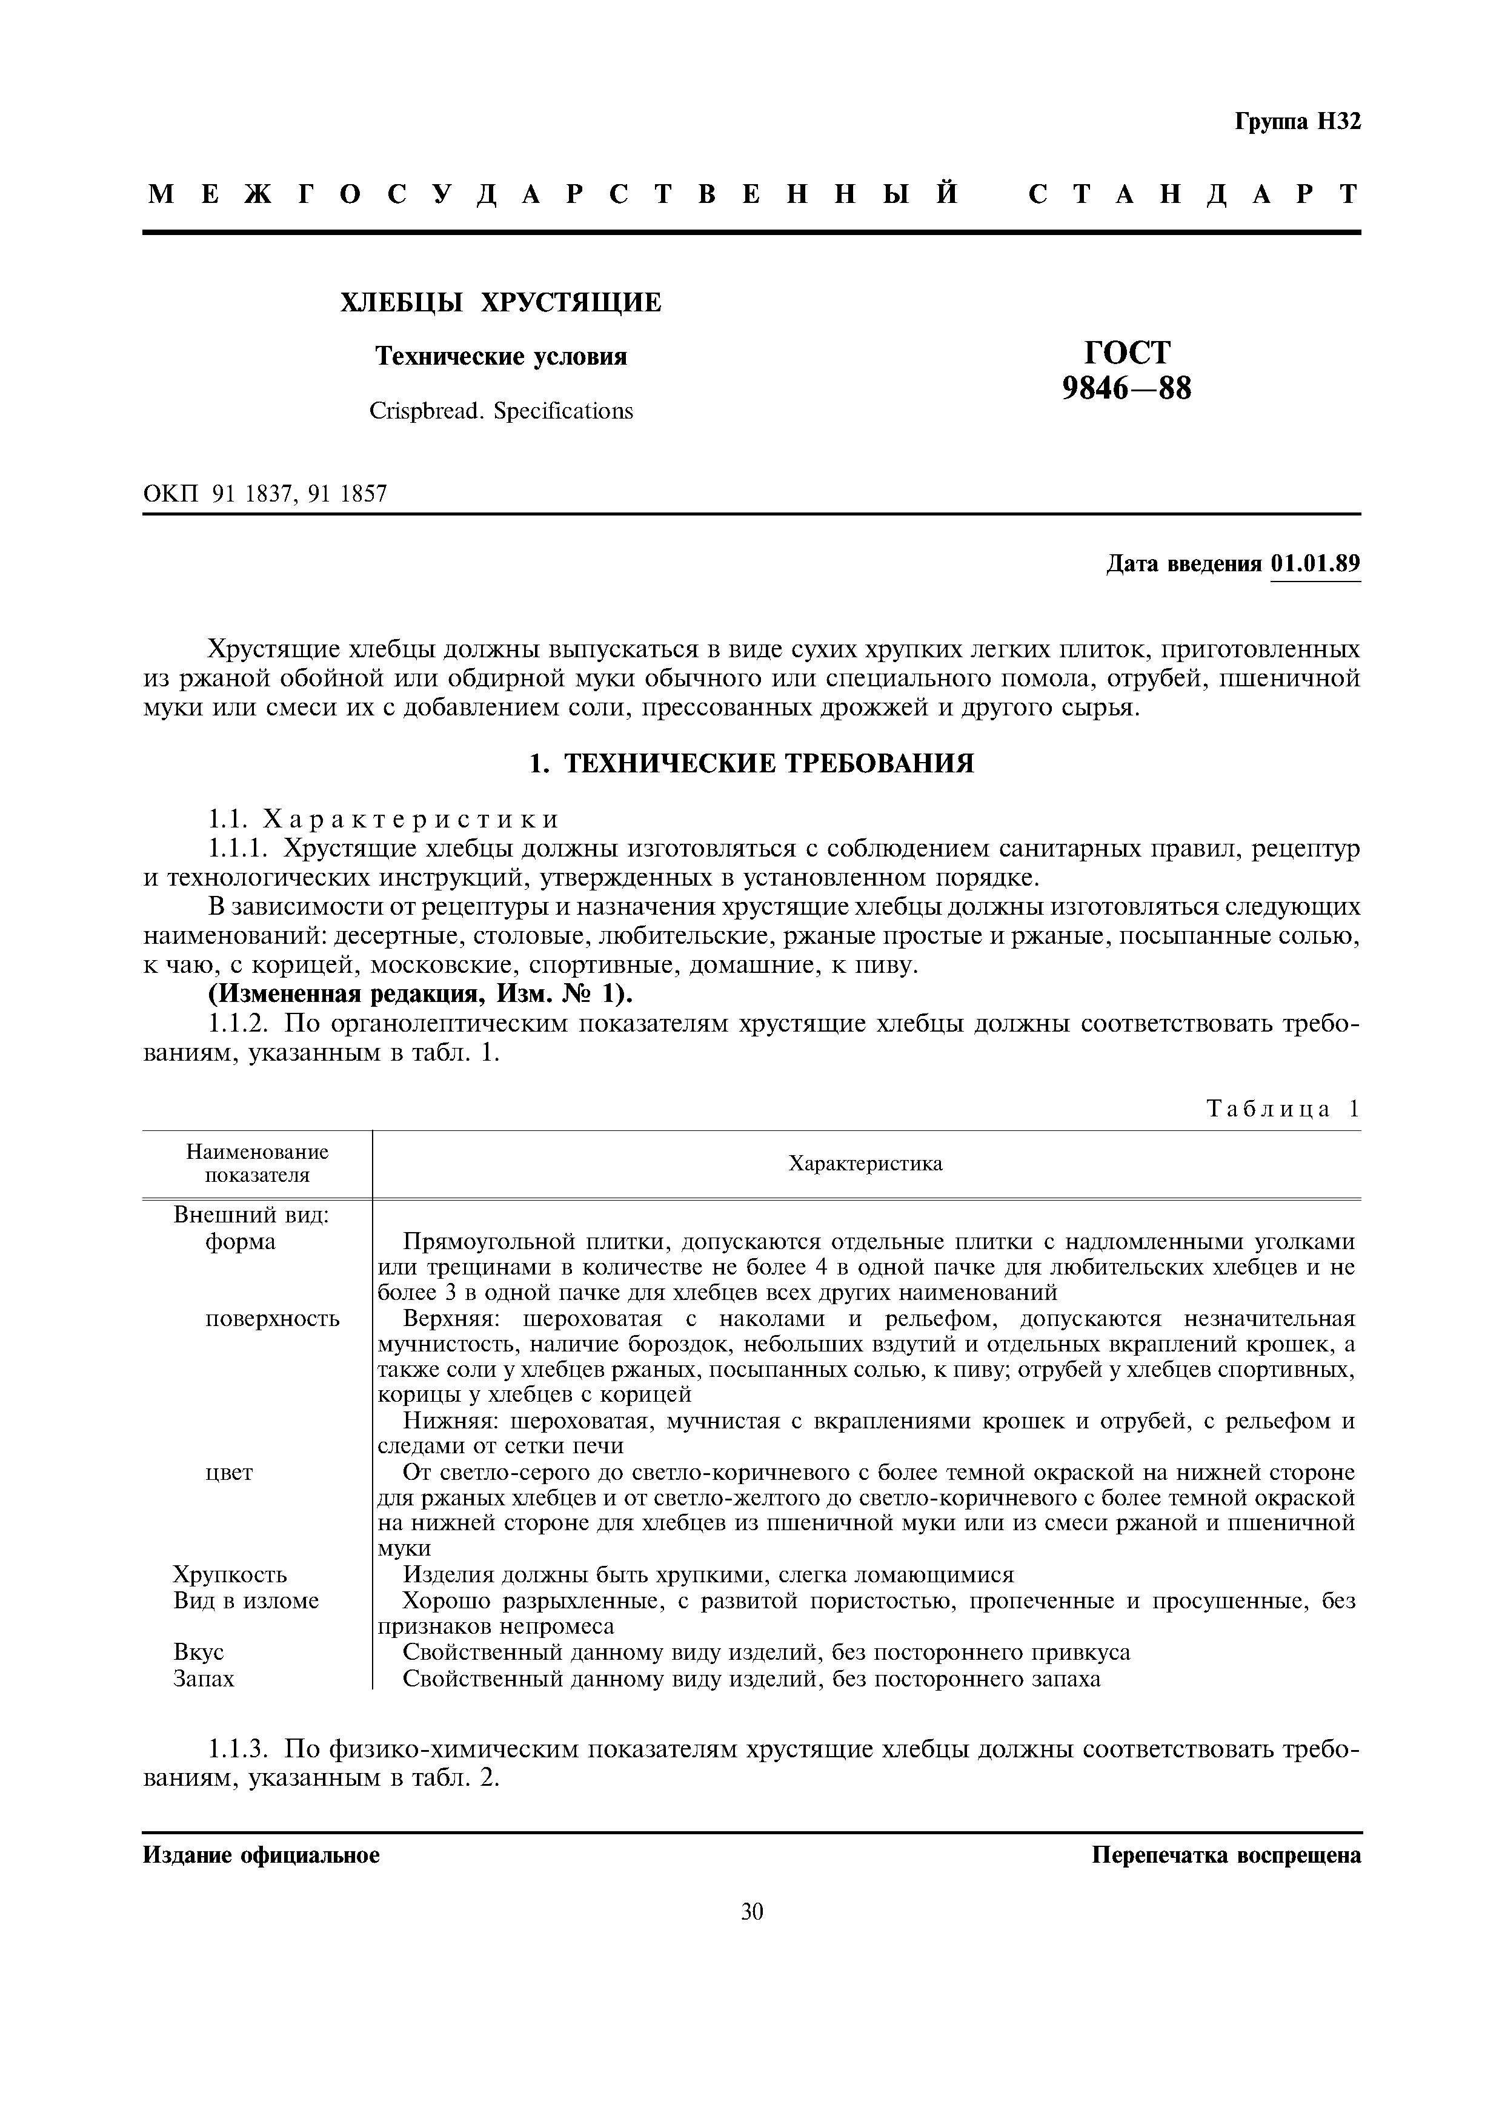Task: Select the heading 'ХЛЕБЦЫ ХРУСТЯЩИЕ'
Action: pos(500,303)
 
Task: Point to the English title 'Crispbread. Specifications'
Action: pos(500,411)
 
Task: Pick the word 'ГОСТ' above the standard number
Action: pos(1126,353)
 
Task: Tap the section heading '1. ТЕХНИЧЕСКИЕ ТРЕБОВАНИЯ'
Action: pos(751,763)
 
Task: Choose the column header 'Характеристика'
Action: pos(865,1164)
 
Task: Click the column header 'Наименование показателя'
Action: pos(258,1164)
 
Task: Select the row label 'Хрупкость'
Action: pos(230,1574)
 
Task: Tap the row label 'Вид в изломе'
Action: pos(245,1600)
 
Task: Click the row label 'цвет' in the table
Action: pos(228,1473)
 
